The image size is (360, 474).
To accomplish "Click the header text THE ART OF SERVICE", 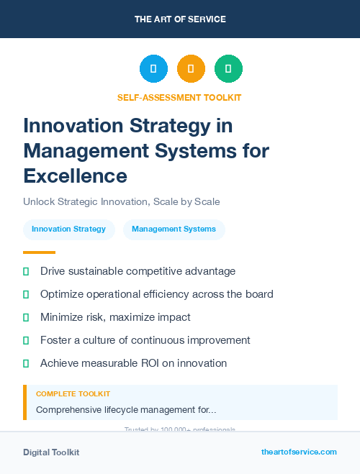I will tap(180, 19).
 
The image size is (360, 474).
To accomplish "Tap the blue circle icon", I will tap(153, 69).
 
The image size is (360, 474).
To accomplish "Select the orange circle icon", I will tap(191, 69).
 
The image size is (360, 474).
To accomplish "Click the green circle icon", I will tap(228, 69).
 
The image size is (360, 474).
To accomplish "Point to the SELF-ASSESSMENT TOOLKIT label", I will tap(179, 97).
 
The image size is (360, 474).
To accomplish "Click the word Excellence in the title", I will tap(75, 175).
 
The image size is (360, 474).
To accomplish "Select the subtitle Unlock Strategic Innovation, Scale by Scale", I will tap(121, 202).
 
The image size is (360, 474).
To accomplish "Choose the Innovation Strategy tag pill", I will tap(68, 229).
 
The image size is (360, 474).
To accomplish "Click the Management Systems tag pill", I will tap(174, 229).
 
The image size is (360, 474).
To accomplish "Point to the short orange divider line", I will tap(39, 252).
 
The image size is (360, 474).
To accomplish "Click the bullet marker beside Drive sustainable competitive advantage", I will tap(26, 271).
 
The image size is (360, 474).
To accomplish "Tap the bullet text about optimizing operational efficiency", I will tap(156, 294).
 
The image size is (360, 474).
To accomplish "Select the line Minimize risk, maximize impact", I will tap(115, 317).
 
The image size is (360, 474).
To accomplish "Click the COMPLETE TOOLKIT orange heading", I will tap(73, 394).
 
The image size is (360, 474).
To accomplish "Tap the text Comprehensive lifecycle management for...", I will tap(125, 409).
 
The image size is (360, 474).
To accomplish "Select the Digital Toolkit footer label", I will tap(51, 452).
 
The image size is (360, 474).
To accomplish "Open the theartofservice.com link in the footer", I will tap(299, 452).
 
